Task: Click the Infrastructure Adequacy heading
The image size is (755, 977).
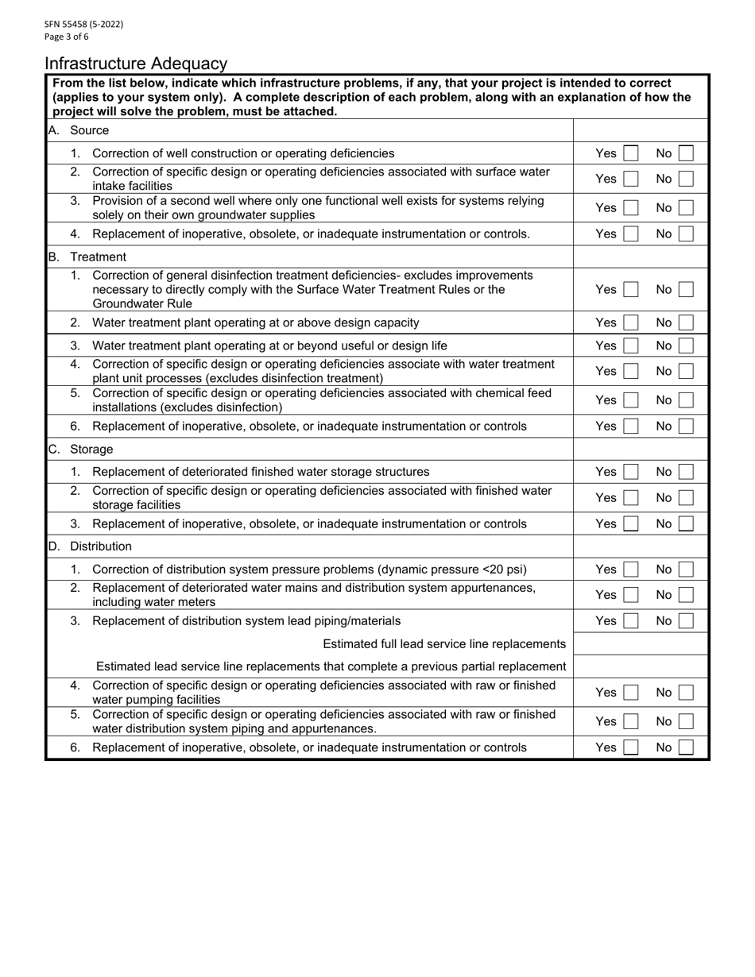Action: click(x=136, y=64)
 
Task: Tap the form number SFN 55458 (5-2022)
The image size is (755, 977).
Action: click(x=83, y=24)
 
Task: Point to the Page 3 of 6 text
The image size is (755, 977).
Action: click(x=67, y=37)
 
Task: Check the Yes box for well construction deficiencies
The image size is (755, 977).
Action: click(x=630, y=153)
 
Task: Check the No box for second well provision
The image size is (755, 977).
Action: click(x=686, y=208)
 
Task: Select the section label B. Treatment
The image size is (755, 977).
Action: click(x=87, y=257)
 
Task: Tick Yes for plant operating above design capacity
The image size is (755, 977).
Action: click(x=630, y=322)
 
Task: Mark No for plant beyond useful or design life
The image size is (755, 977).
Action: click(x=686, y=346)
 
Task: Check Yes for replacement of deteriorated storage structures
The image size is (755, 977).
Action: click(x=630, y=472)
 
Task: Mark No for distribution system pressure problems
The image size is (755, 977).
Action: click(x=686, y=570)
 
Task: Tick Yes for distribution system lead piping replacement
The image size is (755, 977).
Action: click(x=630, y=621)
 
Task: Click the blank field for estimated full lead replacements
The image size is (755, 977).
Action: click(x=640, y=643)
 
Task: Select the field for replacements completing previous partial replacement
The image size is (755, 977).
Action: click(x=640, y=666)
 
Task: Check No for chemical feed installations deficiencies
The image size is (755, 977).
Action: click(x=686, y=400)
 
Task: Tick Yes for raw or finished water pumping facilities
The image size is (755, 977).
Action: click(x=630, y=693)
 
